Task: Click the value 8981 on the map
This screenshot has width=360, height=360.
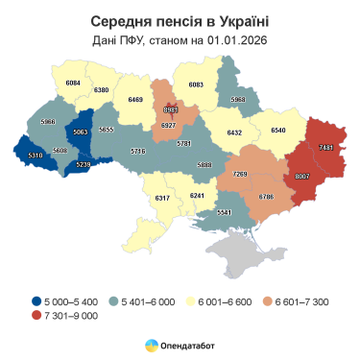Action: [171, 109]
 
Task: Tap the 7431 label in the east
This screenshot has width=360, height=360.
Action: [326, 147]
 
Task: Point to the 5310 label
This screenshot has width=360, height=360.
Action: [35, 155]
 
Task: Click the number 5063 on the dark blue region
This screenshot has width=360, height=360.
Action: [80, 132]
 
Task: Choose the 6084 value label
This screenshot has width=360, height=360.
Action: [73, 84]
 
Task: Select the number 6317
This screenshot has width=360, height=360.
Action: [162, 198]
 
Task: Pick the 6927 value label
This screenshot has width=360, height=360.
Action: [169, 126]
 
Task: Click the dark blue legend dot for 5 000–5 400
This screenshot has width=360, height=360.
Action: [36, 302]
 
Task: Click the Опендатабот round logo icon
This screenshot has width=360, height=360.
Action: [152, 344]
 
